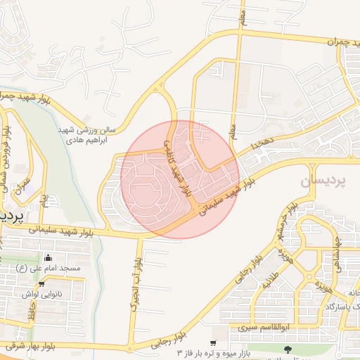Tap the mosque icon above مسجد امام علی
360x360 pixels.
pos(47,257)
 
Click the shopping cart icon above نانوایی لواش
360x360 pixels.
pos(42,285)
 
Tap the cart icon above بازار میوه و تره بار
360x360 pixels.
pos(213,343)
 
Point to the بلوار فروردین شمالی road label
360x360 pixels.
pos(7,155)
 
